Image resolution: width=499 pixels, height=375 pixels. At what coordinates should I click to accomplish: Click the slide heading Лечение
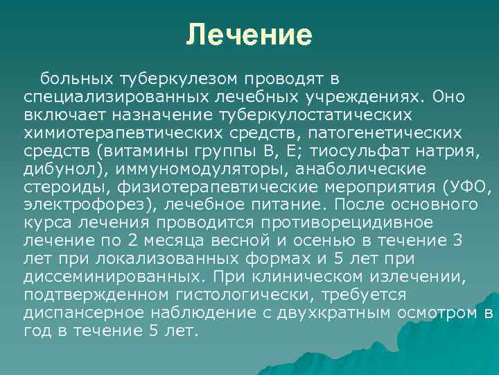249,35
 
